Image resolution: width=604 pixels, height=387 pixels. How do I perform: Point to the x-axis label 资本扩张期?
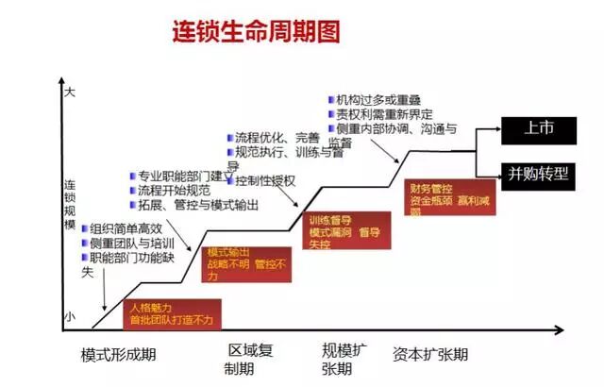click(x=430, y=355)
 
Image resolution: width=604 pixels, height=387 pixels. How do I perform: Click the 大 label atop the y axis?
click(x=68, y=93)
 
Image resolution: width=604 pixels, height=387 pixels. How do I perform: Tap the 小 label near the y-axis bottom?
click(x=68, y=318)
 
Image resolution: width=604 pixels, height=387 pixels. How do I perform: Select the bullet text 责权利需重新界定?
click(x=382, y=114)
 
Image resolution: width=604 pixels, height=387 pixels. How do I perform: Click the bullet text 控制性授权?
click(x=265, y=181)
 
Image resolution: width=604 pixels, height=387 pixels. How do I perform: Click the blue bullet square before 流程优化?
click(x=228, y=137)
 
